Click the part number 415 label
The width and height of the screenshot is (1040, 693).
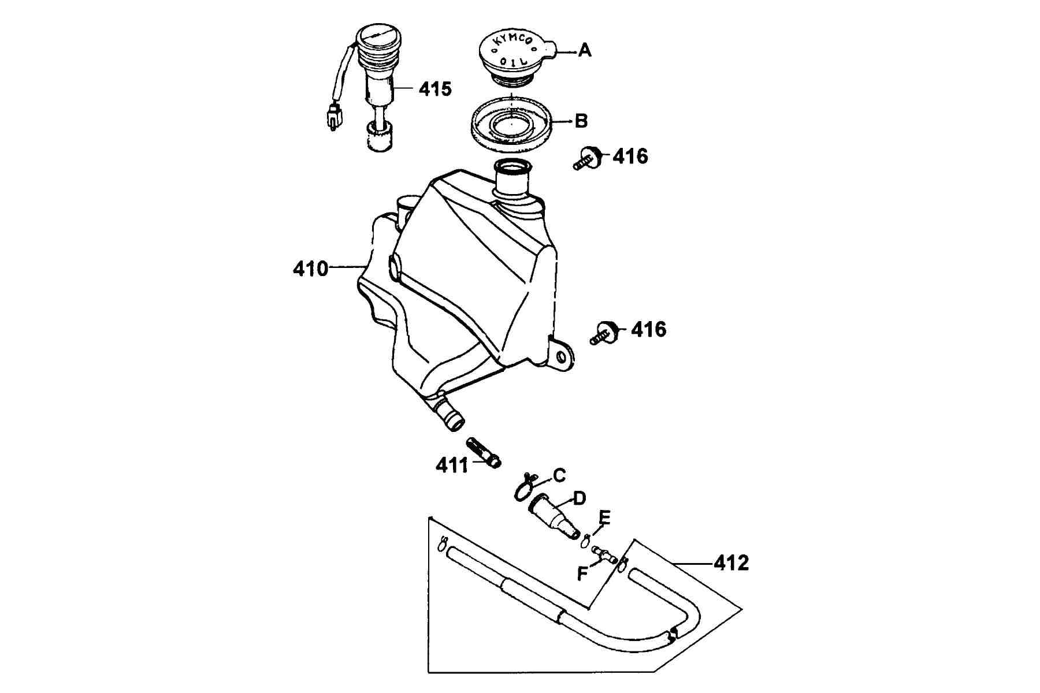point(435,89)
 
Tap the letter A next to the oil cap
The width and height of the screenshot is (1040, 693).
point(585,51)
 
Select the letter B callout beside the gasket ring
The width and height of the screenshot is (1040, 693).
point(581,121)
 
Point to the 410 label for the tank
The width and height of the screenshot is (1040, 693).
point(311,269)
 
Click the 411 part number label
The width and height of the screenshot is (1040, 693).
point(452,465)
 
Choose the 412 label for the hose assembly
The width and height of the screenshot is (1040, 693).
point(731,562)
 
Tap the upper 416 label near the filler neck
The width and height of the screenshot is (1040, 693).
point(630,156)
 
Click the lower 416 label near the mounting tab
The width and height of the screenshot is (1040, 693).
point(649,330)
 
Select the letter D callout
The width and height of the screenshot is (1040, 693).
point(579,498)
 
